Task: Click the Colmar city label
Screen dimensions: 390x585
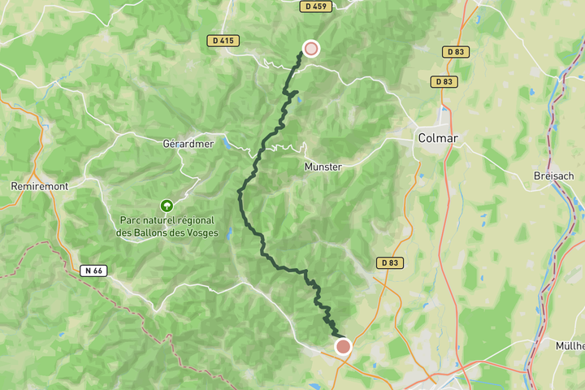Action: click(x=437, y=138)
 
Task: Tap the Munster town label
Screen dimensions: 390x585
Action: click(x=323, y=167)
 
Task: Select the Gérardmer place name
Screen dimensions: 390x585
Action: click(x=188, y=144)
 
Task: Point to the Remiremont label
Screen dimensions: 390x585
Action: click(x=38, y=186)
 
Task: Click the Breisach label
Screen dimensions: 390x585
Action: click(x=554, y=175)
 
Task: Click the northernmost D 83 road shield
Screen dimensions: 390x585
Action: click(x=456, y=52)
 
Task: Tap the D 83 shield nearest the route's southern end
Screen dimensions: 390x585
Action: click(x=390, y=263)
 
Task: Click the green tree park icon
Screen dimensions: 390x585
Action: click(x=167, y=206)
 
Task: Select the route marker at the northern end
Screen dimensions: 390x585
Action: click(x=310, y=49)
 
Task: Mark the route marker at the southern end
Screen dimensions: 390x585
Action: click(x=343, y=347)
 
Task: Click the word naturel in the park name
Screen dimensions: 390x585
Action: click(x=158, y=220)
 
